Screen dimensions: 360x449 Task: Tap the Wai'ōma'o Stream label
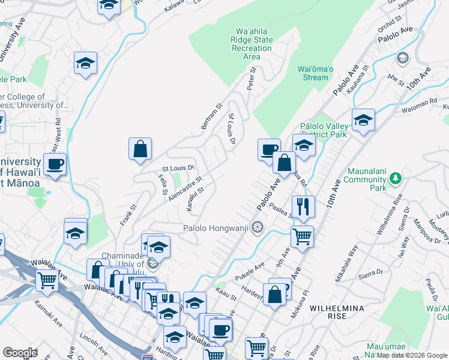coord(313,73)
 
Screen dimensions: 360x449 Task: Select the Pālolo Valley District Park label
coord(324,130)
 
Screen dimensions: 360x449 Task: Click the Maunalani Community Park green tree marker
coord(394,178)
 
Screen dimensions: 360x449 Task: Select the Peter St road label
coord(252,79)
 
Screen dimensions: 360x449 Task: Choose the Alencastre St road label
coord(185,188)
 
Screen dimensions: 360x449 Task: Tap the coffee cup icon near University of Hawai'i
coord(55,164)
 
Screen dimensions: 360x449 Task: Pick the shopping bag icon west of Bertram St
coord(139,149)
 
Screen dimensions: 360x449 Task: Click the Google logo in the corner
coord(20,353)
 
